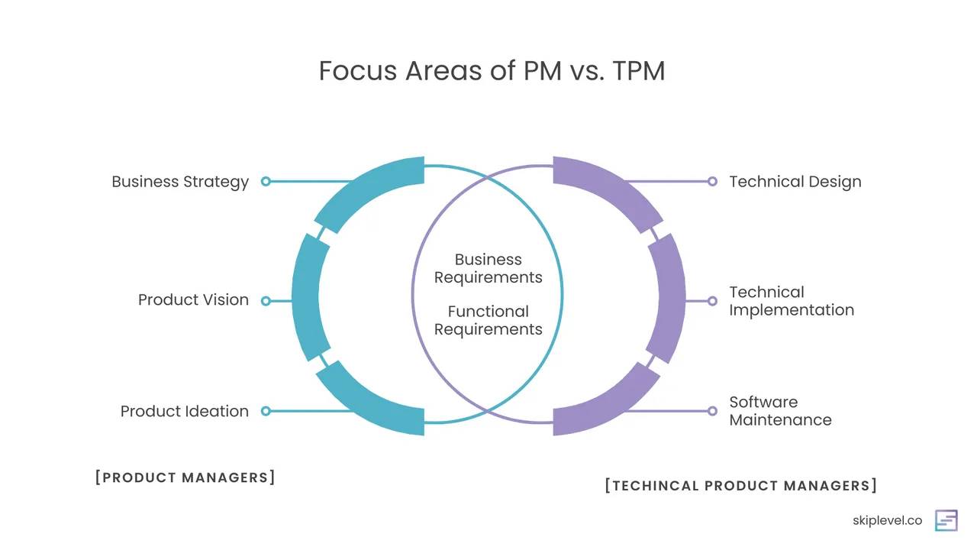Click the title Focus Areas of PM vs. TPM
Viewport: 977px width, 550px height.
492,71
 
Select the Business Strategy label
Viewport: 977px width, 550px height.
180,182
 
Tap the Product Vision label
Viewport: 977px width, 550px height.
193,300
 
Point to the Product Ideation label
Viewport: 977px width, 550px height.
185,411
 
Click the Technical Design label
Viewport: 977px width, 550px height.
795,182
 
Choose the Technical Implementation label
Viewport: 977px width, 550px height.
791,301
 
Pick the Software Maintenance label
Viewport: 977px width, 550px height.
780,411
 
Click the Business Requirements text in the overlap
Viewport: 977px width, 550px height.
488,268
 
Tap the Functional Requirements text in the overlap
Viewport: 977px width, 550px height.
488,320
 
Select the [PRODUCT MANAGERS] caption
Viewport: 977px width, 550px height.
185,477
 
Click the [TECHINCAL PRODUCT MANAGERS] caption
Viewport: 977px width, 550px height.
740,486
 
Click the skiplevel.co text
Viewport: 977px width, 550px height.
887,521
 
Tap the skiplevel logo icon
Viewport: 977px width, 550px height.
946,520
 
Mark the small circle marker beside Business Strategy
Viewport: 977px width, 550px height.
266,182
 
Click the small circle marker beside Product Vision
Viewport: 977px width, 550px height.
266,301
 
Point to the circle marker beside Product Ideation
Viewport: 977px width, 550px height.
266,411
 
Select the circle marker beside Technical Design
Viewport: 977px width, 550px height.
712,182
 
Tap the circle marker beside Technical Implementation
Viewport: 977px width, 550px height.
712,301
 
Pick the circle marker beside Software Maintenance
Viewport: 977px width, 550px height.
712,411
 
